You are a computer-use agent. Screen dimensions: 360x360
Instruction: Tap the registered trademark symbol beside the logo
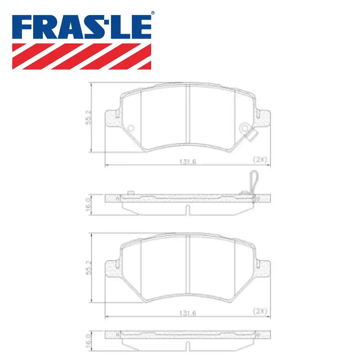point(152,13)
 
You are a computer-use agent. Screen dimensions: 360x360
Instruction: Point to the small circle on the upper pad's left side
point(131,128)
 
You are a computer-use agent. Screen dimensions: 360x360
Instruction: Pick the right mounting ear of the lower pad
point(264,268)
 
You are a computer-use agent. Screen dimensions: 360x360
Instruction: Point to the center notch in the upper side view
point(187,210)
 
